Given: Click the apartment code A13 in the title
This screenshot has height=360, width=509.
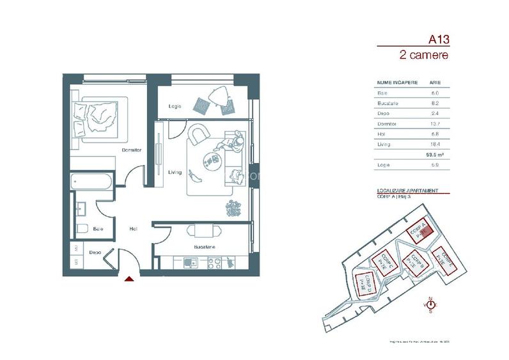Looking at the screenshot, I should tap(439, 39).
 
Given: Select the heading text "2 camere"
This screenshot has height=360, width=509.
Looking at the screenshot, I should tap(423, 55).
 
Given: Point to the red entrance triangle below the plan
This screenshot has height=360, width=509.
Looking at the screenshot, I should tap(129, 279).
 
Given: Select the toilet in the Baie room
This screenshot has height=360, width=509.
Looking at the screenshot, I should tap(81, 228).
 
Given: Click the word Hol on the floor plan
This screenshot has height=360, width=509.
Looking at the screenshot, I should tap(133, 228).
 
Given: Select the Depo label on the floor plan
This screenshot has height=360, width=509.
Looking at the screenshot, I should tap(93, 252).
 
